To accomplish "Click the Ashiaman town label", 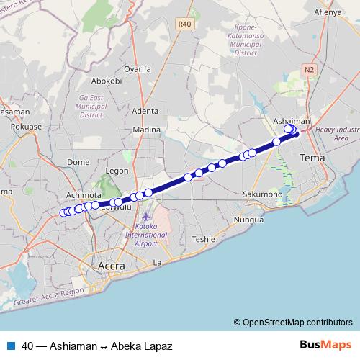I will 291,121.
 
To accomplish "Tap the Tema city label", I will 312,157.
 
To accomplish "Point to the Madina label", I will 146,130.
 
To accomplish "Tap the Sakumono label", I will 262,194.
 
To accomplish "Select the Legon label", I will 116,171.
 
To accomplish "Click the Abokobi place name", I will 106,81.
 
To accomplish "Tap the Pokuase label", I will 29,126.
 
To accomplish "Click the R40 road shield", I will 185,24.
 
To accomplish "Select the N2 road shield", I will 310,69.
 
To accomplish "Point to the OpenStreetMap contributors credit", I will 293,322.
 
